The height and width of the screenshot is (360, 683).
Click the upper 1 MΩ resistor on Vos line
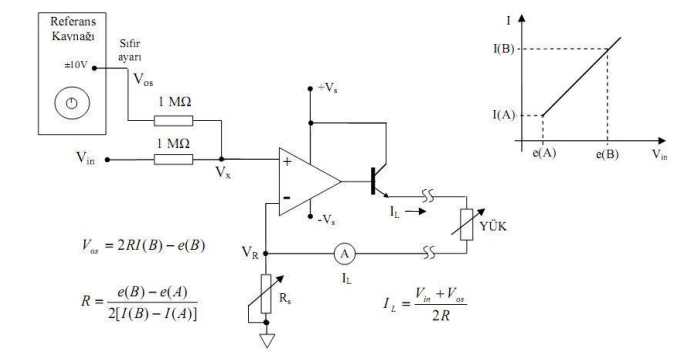coord(180,121)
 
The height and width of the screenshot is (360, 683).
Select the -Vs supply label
coord(327,219)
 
